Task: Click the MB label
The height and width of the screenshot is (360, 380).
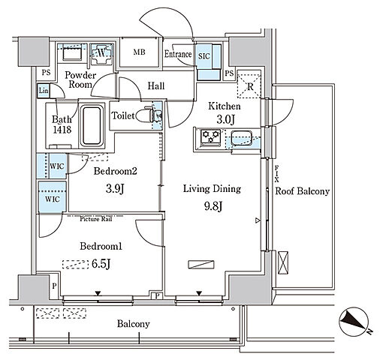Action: [139, 52]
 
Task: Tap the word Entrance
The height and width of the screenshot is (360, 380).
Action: [178, 54]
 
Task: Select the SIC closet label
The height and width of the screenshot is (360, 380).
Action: [204, 56]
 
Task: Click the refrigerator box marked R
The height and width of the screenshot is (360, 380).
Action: [249, 86]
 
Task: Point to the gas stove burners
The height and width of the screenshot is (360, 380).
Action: [211, 137]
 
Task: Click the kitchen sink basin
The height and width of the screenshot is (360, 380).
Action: [241, 138]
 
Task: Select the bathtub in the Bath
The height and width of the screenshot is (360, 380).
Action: [92, 126]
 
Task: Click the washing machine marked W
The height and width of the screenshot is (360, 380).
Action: [101, 53]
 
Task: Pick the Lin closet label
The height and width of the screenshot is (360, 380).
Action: [44, 91]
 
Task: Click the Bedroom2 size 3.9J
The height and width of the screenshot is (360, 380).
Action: [115, 188]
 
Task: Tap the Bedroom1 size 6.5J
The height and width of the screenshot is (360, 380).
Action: [101, 264]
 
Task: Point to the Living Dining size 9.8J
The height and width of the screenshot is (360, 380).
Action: [213, 206]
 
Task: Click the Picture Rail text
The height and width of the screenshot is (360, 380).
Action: [96, 219]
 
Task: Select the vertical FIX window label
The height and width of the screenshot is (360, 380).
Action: [276, 174]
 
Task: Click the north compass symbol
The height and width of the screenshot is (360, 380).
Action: [354, 322]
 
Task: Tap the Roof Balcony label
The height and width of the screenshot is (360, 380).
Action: [302, 191]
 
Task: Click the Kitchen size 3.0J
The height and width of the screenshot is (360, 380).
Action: [225, 120]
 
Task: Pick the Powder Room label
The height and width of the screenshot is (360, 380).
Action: [80, 79]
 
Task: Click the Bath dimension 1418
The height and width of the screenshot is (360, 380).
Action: [62, 129]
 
